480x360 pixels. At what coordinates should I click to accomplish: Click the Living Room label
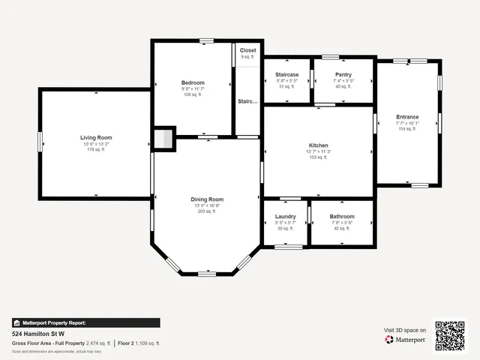coord(96,137)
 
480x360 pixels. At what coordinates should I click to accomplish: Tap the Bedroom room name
coord(193,82)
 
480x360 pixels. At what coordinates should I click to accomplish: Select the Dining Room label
coord(206,199)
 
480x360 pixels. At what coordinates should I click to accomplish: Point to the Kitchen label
coord(319,145)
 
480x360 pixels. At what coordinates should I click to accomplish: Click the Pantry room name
coord(343,74)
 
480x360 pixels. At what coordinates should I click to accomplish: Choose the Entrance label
coord(407,116)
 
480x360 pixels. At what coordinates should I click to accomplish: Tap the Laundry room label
coord(286,216)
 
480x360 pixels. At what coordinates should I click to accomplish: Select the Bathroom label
coord(342,216)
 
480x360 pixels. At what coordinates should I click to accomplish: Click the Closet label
coord(247,50)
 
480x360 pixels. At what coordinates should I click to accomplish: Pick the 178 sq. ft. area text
coord(96,150)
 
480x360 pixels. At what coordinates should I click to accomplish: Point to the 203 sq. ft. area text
coord(206,211)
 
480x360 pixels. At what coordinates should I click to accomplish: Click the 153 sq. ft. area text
coord(319,157)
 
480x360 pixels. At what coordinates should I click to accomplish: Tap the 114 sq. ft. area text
coord(407,129)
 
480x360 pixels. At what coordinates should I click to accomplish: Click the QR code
coord(450,336)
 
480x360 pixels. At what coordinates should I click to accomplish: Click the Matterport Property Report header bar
coord(85,322)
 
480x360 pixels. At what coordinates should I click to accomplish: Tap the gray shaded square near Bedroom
coord(163,139)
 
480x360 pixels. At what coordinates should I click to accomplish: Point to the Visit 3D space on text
coord(405,330)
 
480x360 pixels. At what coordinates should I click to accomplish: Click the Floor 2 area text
coord(139,343)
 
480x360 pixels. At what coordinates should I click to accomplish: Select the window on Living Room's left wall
coord(40,141)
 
